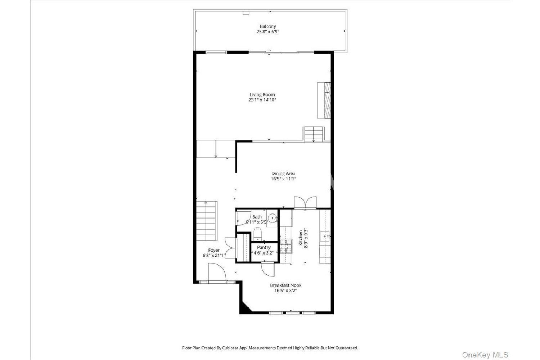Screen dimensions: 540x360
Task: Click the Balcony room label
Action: pyautogui.click(x=267, y=27)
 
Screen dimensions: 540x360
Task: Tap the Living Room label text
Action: pyautogui.click(x=262, y=95)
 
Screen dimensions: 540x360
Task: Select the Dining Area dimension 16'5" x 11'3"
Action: pyautogui.click(x=283, y=179)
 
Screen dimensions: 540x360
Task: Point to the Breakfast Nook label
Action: pyautogui.click(x=286, y=285)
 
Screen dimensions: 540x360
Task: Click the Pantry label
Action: pyautogui.click(x=264, y=247)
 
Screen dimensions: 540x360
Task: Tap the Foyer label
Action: pyautogui.click(x=214, y=250)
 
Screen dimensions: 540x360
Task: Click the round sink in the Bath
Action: pyautogui.click(x=273, y=219)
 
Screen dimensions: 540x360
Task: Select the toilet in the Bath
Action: pyautogui.click(x=257, y=234)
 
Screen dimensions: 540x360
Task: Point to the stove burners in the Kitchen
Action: pyautogui.click(x=286, y=246)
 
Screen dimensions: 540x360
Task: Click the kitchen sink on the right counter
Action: pyautogui.click(x=325, y=237)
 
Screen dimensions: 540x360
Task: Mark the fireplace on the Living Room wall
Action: pyautogui.click(x=324, y=100)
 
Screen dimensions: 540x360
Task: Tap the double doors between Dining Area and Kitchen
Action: pyautogui.click(x=305, y=202)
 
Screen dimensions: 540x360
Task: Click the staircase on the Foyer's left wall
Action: pyautogui.click(x=207, y=221)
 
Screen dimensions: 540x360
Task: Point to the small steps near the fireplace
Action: pyautogui.click(x=314, y=134)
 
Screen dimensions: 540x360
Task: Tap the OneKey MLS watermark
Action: pyautogui.click(x=485, y=355)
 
